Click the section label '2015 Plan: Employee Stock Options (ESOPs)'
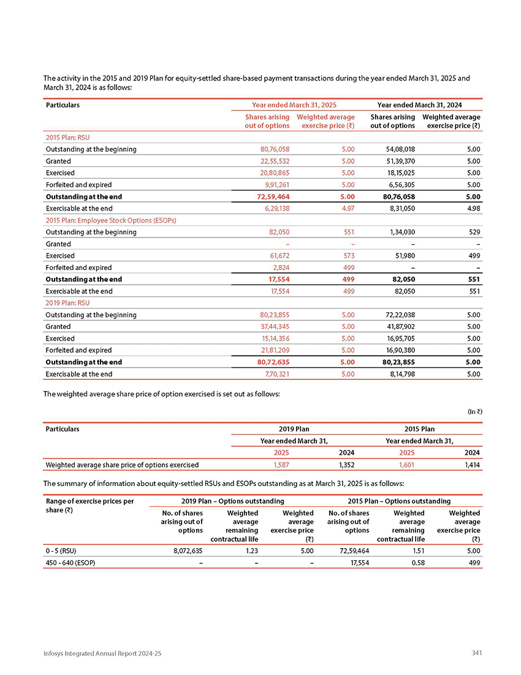(x=112, y=220)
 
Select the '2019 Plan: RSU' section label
(x=68, y=303)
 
